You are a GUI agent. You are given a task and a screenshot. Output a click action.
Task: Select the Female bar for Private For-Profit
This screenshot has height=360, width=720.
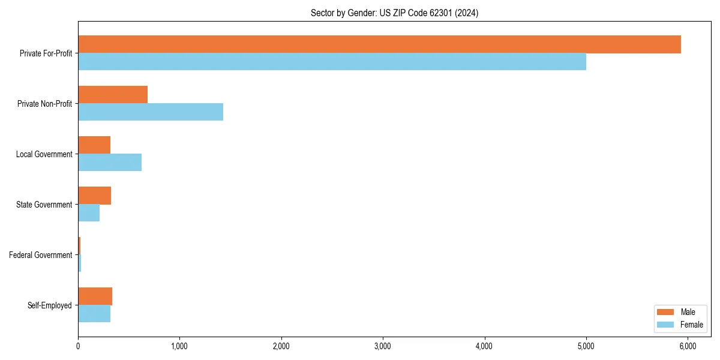click(x=332, y=62)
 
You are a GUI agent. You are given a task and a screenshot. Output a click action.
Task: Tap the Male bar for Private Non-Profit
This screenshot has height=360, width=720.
click(x=113, y=95)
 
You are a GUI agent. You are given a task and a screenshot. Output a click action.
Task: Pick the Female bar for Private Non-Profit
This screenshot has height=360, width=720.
click(x=151, y=112)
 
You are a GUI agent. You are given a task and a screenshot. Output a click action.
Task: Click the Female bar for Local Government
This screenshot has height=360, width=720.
click(x=110, y=163)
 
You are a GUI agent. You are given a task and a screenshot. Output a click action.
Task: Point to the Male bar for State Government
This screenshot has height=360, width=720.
click(x=94, y=196)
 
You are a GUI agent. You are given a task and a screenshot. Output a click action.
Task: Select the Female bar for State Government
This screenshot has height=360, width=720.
click(x=89, y=213)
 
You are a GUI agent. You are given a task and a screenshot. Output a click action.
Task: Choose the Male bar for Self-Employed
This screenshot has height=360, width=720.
click(x=95, y=296)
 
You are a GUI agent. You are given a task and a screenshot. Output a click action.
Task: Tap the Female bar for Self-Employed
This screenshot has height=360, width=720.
click(x=94, y=314)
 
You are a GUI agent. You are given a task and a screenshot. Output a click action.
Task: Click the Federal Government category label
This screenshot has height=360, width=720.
click(x=41, y=255)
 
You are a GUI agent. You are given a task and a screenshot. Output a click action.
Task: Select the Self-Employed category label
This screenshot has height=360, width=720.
click(x=50, y=305)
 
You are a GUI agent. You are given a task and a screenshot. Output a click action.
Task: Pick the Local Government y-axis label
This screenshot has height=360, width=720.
click(x=44, y=154)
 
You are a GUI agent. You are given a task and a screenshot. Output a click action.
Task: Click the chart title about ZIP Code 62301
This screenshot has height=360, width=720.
click(x=394, y=13)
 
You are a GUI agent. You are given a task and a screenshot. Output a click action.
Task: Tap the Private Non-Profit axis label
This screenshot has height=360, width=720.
click(x=44, y=104)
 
